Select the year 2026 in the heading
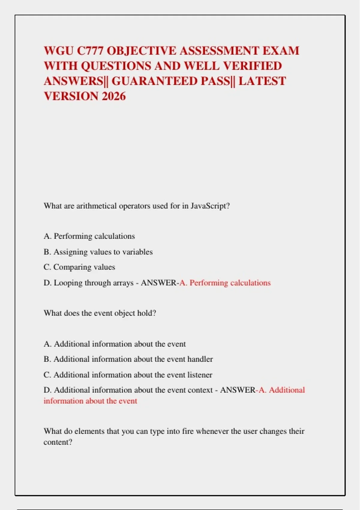click(x=114, y=96)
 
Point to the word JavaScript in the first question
click(x=210, y=206)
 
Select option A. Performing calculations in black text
click(x=89, y=236)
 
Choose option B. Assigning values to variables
click(x=98, y=252)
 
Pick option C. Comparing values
click(x=79, y=267)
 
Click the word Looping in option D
click(x=68, y=283)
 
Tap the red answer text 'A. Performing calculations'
click(x=225, y=283)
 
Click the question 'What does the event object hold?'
click(x=100, y=313)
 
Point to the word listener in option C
click(x=200, y=375)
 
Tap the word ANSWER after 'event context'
click(x=238, y=390)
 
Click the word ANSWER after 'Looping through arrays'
click(x=159, y=283)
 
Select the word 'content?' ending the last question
click(x=58, y=442)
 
